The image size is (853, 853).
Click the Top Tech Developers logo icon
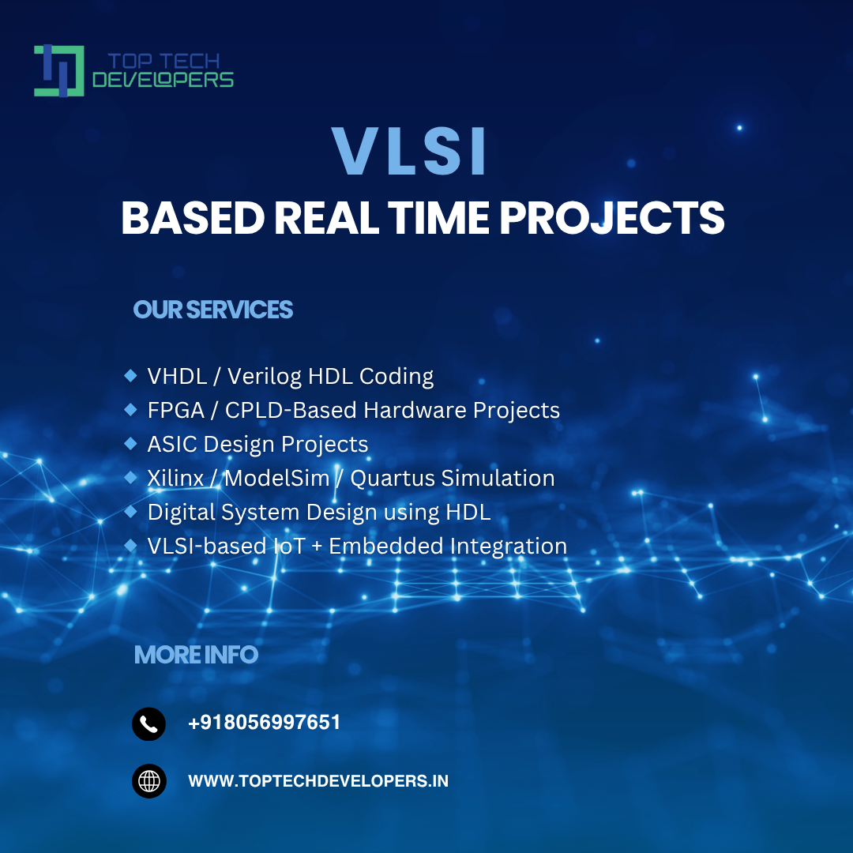point(58,71)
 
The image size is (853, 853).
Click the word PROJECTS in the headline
point(611,218)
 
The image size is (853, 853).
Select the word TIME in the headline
point(438,218)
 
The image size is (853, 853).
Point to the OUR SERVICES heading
point(212,310)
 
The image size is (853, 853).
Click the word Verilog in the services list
point(264,377)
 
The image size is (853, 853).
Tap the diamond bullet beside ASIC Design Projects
point(130,444)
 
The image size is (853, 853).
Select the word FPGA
point(175,410)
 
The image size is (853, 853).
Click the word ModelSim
point(277,478)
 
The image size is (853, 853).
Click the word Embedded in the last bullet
point(385,547)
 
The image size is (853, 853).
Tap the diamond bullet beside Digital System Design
point(130,512)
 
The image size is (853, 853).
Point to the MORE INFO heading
point(196,655)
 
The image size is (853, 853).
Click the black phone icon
point(148,724)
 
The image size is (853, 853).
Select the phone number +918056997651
point(264,723)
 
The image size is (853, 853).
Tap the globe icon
point(149,781)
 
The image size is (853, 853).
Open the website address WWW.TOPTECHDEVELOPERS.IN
point(318,781)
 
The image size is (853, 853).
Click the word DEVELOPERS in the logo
point(163,80)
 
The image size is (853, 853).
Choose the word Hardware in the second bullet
point(415,410)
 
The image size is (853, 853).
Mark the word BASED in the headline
point(193,218)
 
